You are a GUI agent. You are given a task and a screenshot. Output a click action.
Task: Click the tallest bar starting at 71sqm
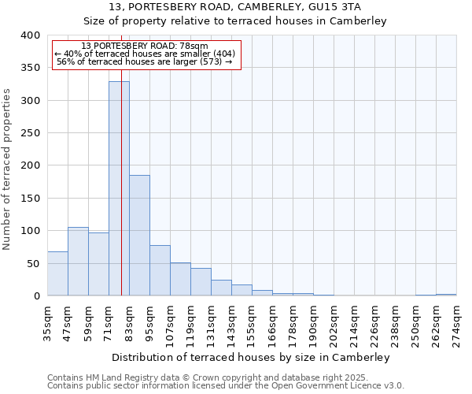119,189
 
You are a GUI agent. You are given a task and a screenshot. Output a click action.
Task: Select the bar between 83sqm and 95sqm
139,236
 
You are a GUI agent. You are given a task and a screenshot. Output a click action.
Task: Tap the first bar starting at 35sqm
57,273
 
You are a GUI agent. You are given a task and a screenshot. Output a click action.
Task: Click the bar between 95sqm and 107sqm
160,270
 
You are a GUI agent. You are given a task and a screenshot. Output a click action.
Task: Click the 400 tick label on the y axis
30,35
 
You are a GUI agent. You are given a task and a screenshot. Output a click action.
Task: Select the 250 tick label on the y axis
30,133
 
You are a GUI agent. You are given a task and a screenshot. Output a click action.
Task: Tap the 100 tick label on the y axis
30,231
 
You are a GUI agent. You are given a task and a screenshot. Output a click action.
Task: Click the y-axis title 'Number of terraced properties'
7,169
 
